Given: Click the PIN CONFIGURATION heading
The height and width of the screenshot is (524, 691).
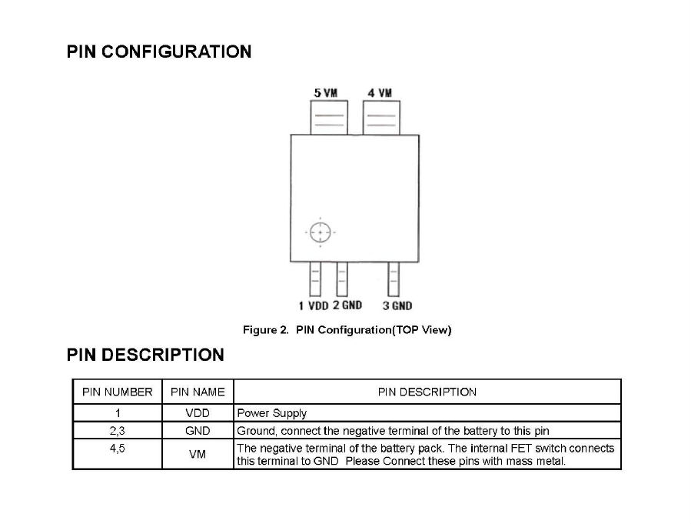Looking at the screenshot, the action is pyautogui.click(x=159, y=52).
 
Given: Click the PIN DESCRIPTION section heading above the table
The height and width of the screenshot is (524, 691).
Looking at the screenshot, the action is pyautogui.click(x=145, y=355).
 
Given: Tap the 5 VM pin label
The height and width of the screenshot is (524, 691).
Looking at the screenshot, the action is pyautogui.click(x=326, y=93).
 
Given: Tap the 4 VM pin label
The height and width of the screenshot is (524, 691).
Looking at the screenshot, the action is pyautogui.click(x=380, y=93).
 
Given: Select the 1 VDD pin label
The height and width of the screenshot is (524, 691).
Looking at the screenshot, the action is pyautogui.click(x=314, y=305).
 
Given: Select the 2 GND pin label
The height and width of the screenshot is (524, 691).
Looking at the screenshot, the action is pyautogui.click(x=347, y=305).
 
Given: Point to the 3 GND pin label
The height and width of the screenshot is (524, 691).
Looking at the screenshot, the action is pyautogui.click(x=397, y=305).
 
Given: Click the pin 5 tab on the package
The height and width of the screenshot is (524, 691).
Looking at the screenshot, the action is pyautogui.click(x=329, y=118).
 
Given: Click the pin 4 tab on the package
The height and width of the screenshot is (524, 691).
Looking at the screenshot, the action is pyautogui.click(x=382, y=118).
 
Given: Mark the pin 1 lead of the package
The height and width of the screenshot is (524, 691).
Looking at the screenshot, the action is pyautogui.click(x=315, y=279).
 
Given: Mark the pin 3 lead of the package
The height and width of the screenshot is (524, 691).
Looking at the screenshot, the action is pyautogui.click(x=394, y=279).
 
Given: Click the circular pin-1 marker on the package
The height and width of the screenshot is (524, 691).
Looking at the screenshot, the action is pyautogui.click(x=320, y=232).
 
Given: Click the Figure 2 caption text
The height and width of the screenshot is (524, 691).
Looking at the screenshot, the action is pyautogui.click(x=347, y=330).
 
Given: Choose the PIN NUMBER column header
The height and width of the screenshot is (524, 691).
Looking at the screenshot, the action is pyautogui.click(x=118, y=392).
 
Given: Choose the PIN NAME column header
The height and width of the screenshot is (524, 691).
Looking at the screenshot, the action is pyautogui.click(x=198, y=392).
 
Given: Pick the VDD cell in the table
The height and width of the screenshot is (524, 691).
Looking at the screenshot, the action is pyautogui.click(x=198, y=413).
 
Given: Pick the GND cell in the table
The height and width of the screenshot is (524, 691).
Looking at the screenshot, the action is pyautogui.click(x=198, y=431).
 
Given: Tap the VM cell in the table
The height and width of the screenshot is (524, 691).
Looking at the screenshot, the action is pyautogui.click(x=198, y=454).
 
